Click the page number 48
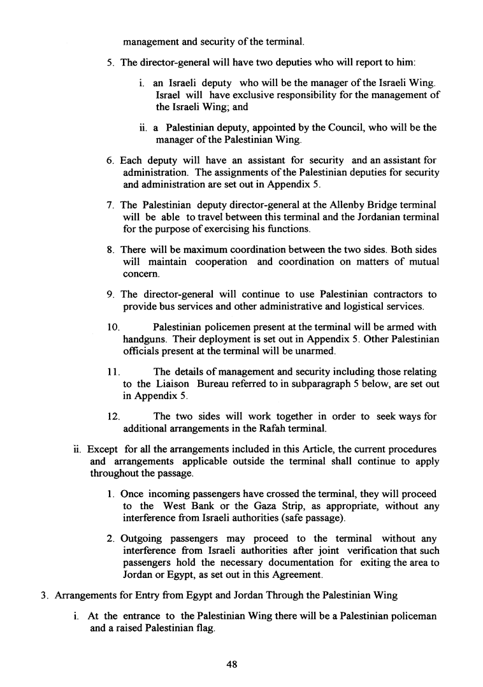[232, 664]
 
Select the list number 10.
[112, 327]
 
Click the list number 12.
[112, 417]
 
